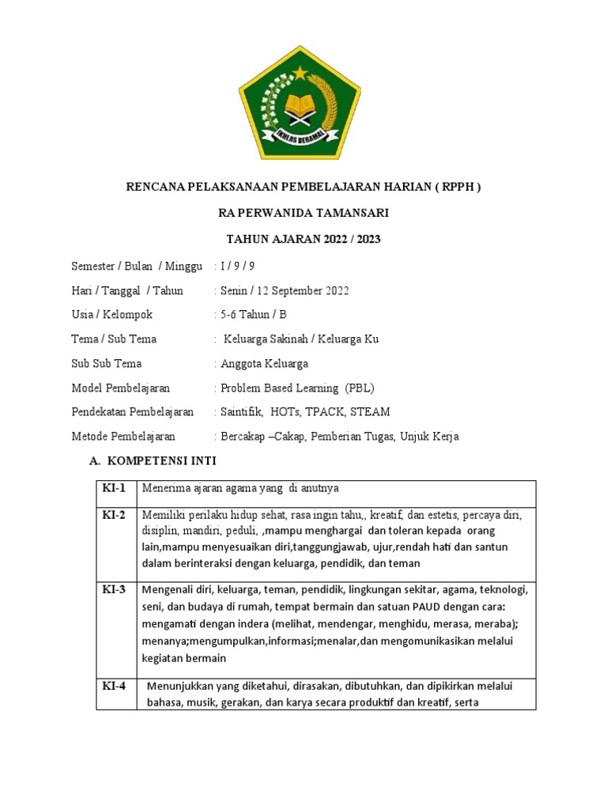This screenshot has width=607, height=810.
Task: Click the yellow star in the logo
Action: [300, 74]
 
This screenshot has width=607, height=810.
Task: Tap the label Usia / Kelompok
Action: [111, 314]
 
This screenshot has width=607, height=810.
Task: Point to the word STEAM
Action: [371, 412]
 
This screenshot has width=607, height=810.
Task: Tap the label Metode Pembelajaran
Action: [123, 437]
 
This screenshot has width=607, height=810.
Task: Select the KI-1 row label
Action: [114, 488]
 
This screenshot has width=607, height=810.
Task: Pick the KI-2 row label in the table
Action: [114, 515]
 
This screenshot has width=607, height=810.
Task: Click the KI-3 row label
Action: [114, 590]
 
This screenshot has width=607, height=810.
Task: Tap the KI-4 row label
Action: [114, 686]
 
